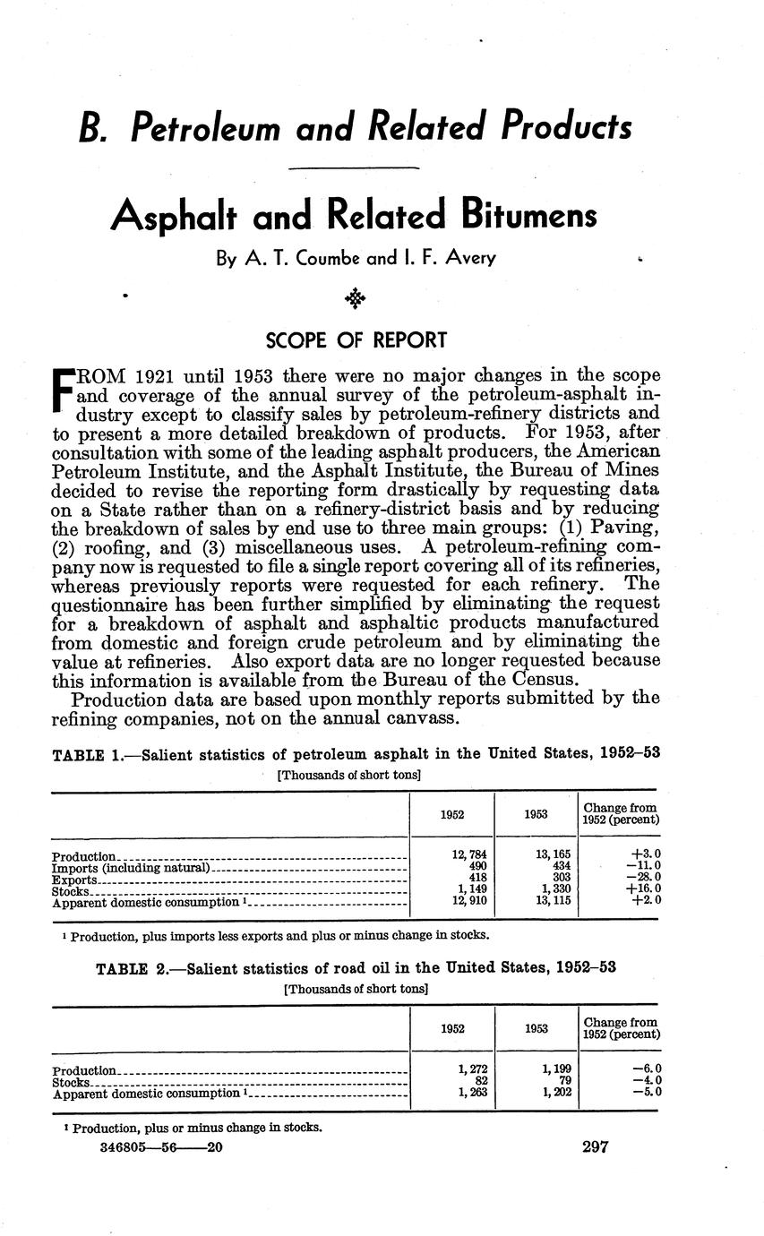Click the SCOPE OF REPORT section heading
[x=356, y=340]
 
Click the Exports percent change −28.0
[x=644, y=879]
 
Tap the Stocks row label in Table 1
[x=71, y=891]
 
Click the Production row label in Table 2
[x=84, y=1070]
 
